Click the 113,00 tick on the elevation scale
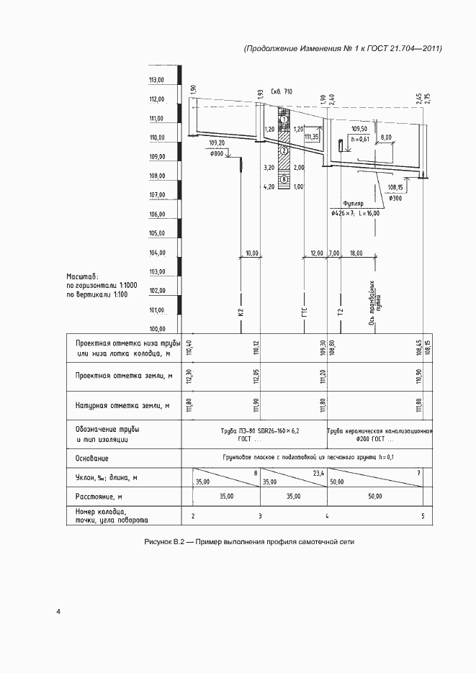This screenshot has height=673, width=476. click(156, 80)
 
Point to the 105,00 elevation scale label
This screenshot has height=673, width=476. click(156, 234)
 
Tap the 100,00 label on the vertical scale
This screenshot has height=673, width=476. click(156, 330)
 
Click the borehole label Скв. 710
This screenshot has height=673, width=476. click(283, 93)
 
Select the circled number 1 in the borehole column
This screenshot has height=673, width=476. click(284, 119)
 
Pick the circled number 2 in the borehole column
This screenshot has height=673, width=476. click(284, 150)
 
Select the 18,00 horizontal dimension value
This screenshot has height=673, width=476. click(356, 253)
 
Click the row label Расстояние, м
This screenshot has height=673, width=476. click(99, 497)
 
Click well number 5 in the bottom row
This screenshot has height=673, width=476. click(423, 516)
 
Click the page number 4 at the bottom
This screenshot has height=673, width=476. click(59, 612)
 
